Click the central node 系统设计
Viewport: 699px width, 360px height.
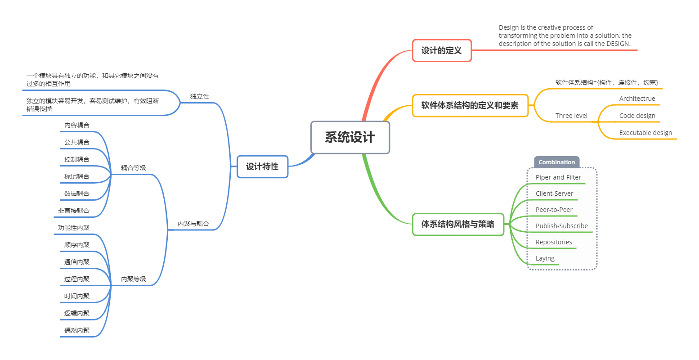[x=350, y=137]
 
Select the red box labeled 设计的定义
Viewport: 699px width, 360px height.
[x=442, y=50]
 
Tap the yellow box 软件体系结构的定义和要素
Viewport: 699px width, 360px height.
[x=470, y=105]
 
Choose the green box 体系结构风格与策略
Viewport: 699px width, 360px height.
[x=458, y=224]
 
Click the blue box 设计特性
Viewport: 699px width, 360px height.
[x=262, y=166]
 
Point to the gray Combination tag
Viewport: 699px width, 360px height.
[x=556, y=162]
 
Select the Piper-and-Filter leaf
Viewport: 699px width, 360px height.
[x=558, y=177]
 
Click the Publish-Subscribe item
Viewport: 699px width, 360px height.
[x=561, y=226]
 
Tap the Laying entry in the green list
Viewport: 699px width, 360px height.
[x=545, y=258]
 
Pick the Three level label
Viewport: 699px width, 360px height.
[x=571, y=116]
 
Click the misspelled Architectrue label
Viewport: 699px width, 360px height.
[x=637, y=99]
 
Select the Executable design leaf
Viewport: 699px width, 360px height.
[x=645, y=133]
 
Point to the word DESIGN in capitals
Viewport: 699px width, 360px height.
[x=618, y=44]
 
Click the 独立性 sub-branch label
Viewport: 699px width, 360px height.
[x=200, y=96]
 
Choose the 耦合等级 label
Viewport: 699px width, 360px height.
[x=134, y=168]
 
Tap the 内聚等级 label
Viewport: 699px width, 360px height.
[x=134, y=279]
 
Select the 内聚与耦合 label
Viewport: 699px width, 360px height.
[x=193, y=224]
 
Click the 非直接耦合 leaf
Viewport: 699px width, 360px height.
[x=74, y=211]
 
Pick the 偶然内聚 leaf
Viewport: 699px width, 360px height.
[x=77, y=330]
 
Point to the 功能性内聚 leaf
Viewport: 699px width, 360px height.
[x=74, y=228]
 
